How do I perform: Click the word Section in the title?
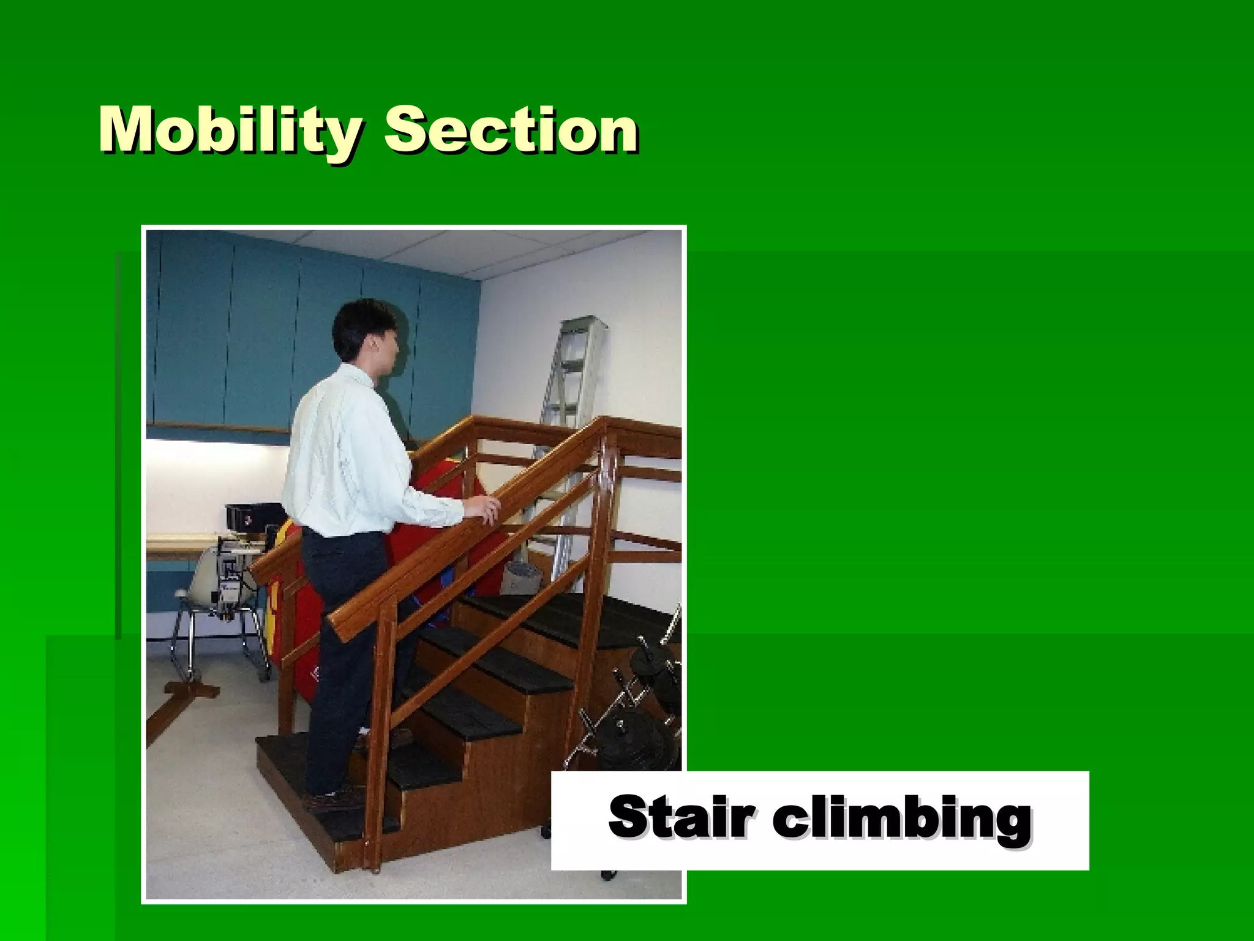tap(511, 130)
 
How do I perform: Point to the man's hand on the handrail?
tap(484, 508)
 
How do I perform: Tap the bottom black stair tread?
tap(288, 757)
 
